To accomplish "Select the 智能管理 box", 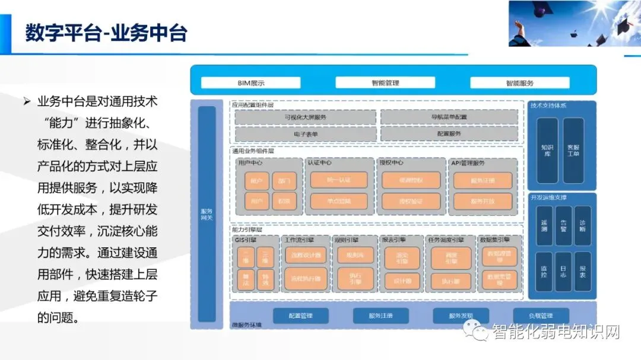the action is click(385, 83).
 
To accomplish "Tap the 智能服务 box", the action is click(520, 83).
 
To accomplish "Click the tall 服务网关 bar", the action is click(207, 214).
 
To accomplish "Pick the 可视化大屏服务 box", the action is click(306, 117).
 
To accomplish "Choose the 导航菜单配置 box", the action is click(449, 117).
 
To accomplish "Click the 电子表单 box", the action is click(306, 134).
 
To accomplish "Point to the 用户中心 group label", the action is click(250, 163).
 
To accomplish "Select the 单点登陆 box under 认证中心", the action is click(339, 202).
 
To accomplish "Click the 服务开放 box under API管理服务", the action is click(483, 202).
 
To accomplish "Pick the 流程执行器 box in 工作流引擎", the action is click(306, 279).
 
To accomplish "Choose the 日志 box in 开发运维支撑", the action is click(563, 272).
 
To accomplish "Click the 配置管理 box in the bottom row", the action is click(300, 316).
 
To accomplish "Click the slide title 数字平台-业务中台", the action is click(106, 33).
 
